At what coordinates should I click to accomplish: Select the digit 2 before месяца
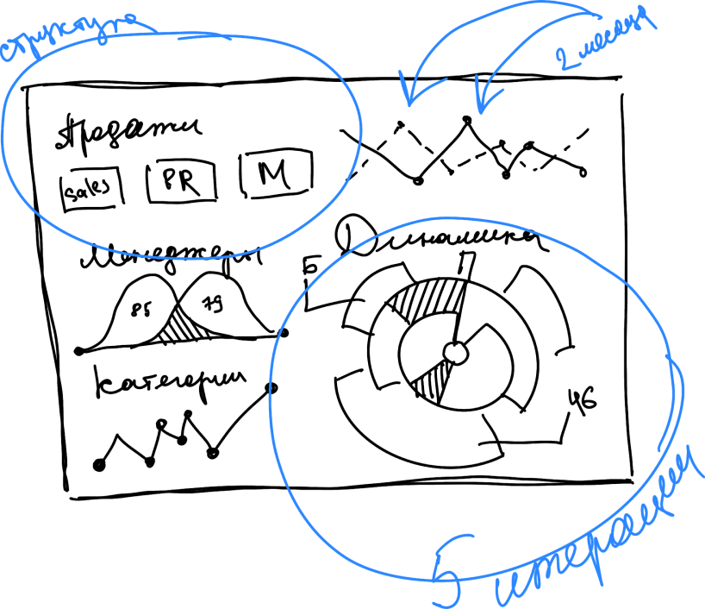coord(566,59)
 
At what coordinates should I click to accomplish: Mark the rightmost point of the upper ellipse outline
coord(361,129)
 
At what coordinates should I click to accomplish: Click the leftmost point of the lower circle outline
coord(271,397)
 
